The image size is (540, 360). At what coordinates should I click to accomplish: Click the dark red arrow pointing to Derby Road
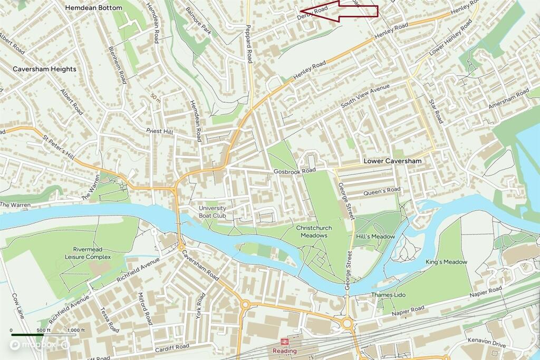tap(340, 11)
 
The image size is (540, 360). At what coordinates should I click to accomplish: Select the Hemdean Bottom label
tap(93, 8)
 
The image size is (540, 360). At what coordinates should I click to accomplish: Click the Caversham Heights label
tap(44, 69)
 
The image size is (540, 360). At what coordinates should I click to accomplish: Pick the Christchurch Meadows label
tap(315, 231)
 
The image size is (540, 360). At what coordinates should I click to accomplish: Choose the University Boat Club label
tap(213, 212)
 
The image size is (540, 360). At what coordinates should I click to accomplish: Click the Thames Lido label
tap(388, 295)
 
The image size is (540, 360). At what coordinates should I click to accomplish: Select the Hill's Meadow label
tap(375, 237)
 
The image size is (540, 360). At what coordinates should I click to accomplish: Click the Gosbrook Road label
tap(294, 171)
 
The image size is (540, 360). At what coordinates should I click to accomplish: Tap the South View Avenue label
tap(365, 95)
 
